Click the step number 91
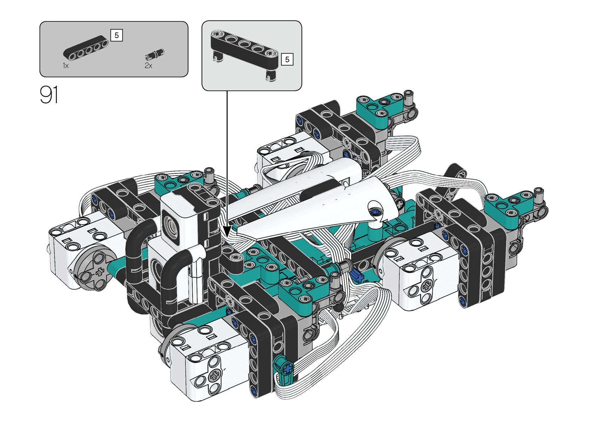pos(49,95)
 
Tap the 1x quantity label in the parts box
pos(66,66)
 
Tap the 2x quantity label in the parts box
pos(148,66)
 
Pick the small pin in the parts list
pos(155,54)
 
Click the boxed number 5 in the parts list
pos(116,35)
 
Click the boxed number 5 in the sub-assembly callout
pos(287,59)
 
